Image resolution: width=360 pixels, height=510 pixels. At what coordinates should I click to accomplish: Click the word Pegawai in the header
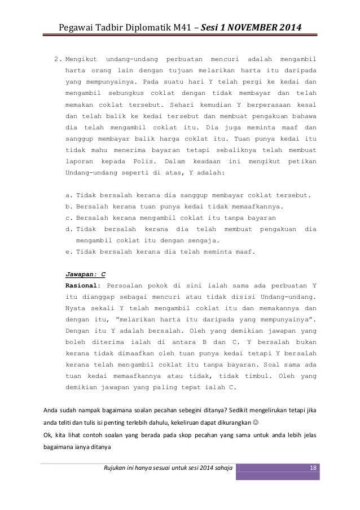point(69,27)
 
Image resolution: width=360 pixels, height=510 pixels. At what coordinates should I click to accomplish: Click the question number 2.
point(56,59)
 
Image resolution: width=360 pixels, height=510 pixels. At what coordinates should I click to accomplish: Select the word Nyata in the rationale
point(76,308)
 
